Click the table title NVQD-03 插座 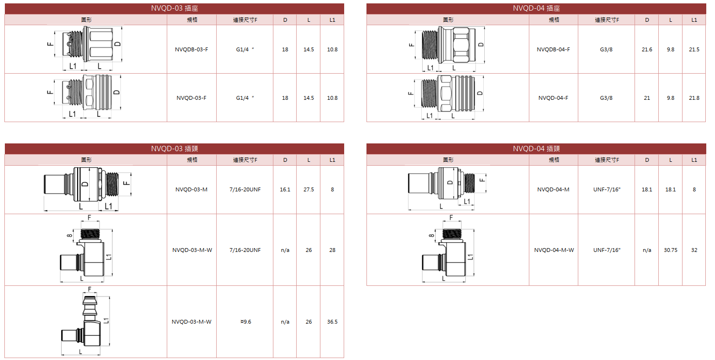click(175, 8)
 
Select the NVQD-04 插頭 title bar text click(536, 149)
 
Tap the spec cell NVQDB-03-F click(191, 49)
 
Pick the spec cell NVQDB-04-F click(553, 49)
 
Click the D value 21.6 click(647, 49)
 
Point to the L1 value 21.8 click(694, 98)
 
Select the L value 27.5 click(309, 189)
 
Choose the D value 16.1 click(285, 189)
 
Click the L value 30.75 click(670, 250)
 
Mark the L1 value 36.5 click(332, 322)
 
